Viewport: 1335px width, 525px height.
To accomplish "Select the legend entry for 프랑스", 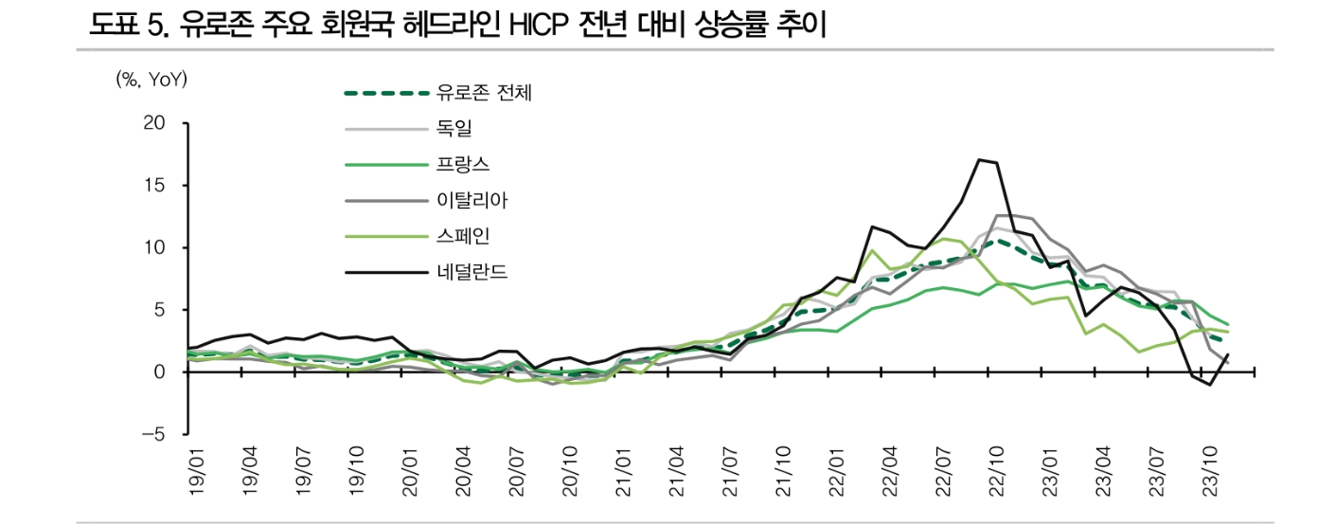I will pos(463,164).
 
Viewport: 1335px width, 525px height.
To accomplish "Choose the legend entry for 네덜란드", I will pos(472,273).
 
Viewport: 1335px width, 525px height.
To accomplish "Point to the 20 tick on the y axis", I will pos(154,123).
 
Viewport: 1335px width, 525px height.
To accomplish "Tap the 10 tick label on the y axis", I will pos(154,247).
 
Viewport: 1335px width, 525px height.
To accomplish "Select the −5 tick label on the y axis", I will pos(151,434).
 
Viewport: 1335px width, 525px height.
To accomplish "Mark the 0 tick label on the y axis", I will pos(160,372).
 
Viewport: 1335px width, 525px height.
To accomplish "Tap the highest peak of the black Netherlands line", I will pos(979,160).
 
